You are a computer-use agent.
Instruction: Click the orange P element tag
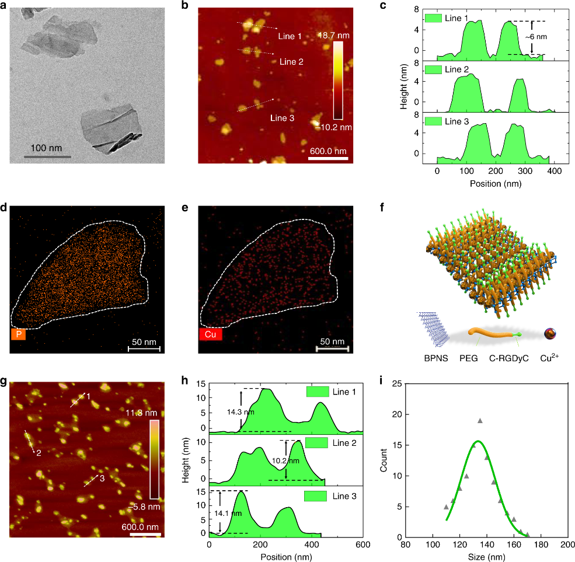pyautogui.click(x=18, y=334)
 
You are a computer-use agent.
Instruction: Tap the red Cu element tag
pyautogui.click(x=210, y=334)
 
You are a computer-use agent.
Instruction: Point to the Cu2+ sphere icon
pyautogui.click(x=549, y=334)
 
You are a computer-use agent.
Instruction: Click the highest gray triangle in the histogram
pyautogui.click(x=480, y=420)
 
